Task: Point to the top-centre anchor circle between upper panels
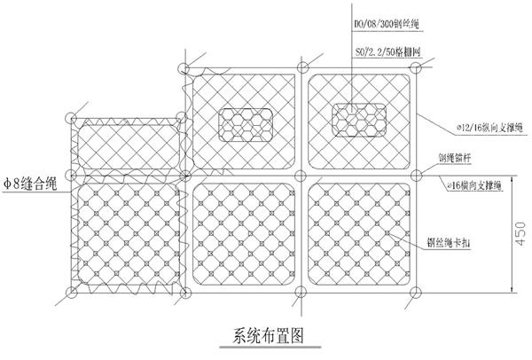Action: [301, 66]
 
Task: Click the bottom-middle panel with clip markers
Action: [243, 232]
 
